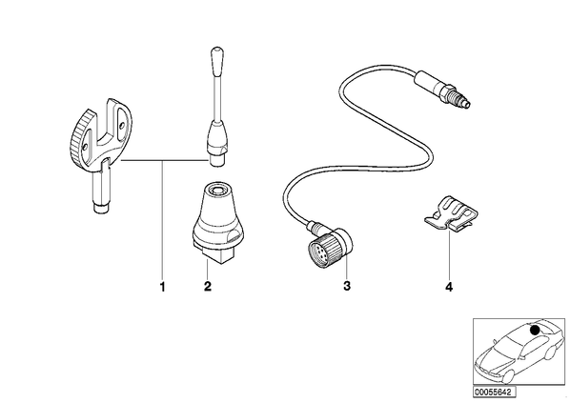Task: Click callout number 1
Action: click(x=162, y=287)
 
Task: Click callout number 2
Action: click(x=207, y=287)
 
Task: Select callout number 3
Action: click(x=347, y=286)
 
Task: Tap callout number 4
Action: click(x=449, y=287)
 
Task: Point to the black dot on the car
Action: click(x=535, y=330)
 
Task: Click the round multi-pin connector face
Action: click(x=317, y=252)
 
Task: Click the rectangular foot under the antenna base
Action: click(x=215, y=253)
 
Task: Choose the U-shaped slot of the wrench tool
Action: click(x=109, y=124)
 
